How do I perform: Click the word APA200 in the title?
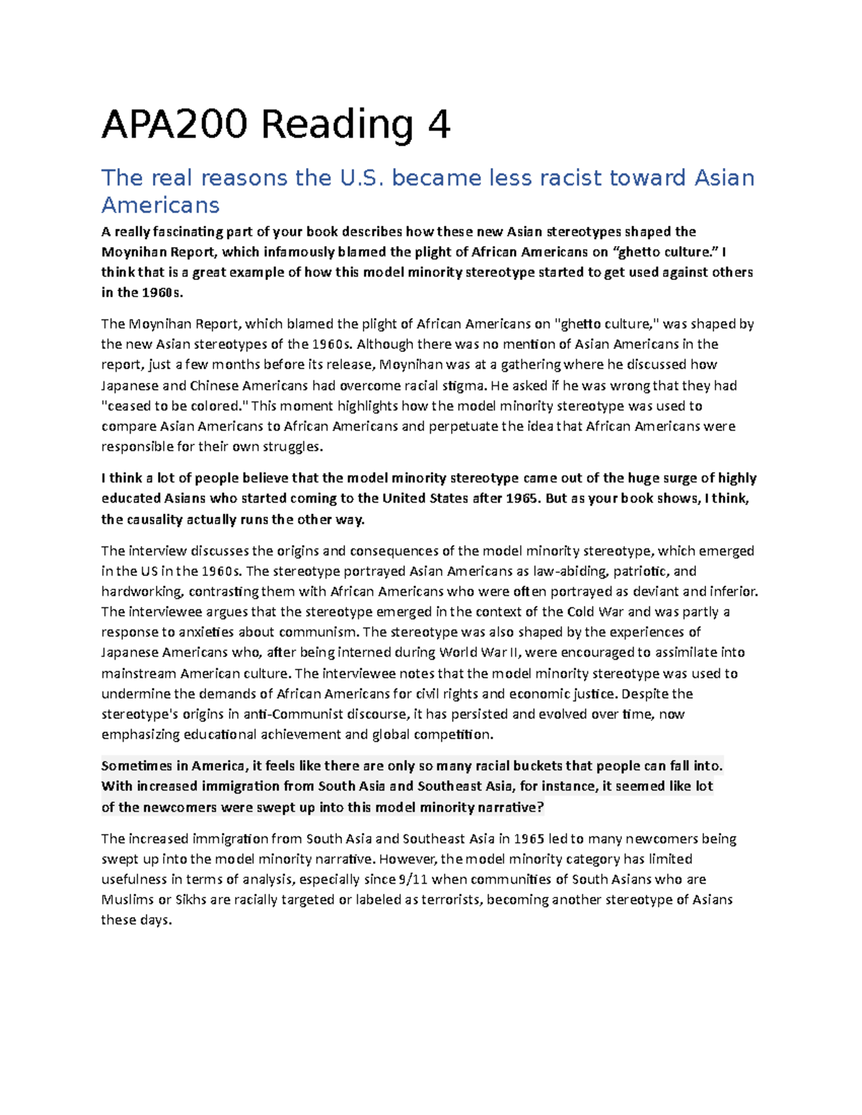tap(175, 124)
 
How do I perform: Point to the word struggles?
tap(289, 447)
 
